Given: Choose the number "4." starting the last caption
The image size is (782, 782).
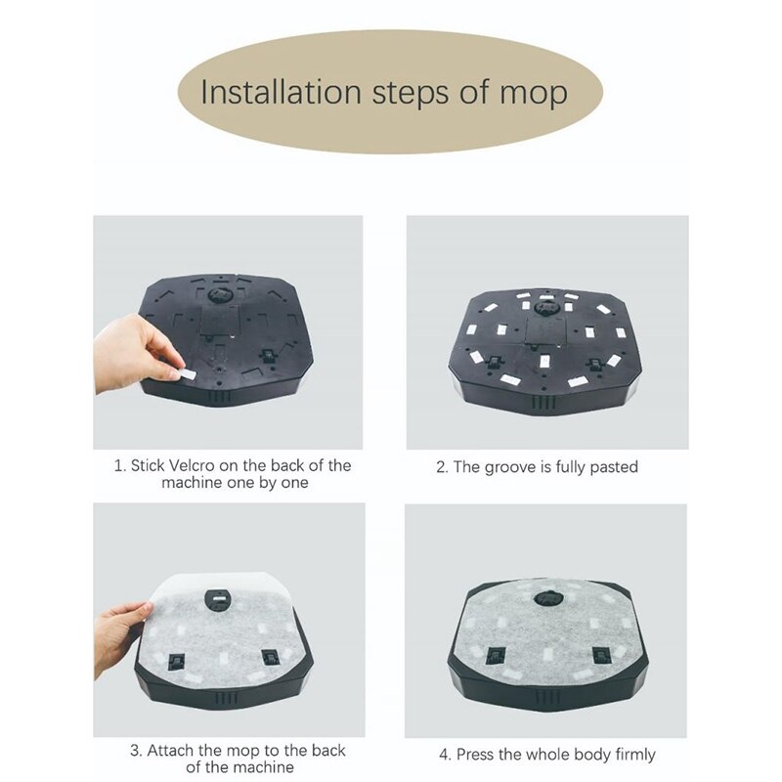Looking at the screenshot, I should (x=445, y=754).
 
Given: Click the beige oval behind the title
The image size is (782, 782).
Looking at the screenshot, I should (x=391, y=93).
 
